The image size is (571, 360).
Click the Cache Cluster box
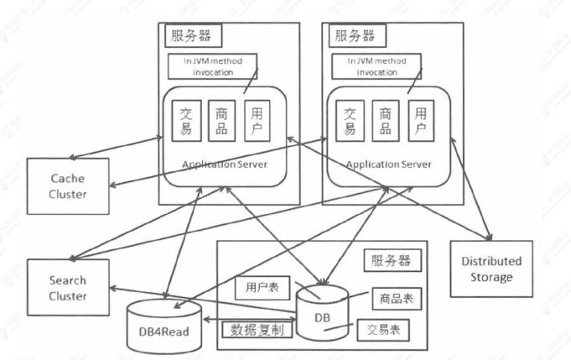click(x=68, y=185)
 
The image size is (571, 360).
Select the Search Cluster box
click(x=68, y=288)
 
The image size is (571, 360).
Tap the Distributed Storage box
click(x=491, y=269)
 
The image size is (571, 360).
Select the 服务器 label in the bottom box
click(x=392, y=260)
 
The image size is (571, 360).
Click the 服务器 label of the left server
click(x=190, y=36)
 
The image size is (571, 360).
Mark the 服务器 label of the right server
click(x=355, y=36)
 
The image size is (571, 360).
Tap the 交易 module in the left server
click(x=187, y=119)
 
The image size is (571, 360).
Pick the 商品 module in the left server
click(x=221, y=119)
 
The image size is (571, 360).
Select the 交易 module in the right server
click(x=350, y=119)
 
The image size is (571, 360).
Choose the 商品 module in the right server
click(x=386, y=119)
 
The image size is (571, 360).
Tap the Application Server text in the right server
click(x=388, y=164)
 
